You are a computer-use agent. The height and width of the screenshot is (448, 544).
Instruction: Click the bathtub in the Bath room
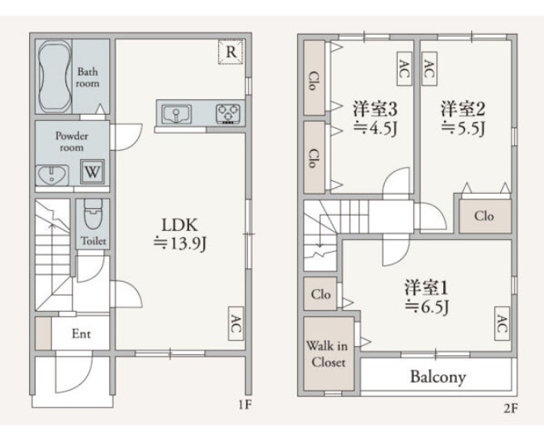coord(55,77)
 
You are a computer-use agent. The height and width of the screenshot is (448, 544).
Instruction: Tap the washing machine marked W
coord(92,171)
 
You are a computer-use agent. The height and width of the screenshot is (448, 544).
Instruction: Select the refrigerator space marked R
coord(231,52)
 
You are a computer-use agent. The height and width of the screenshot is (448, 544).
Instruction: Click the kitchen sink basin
coord(177,114)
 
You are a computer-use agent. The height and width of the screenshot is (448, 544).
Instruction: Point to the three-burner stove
coord(228,114)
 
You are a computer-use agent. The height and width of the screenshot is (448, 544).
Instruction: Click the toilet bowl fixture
coord(94,214)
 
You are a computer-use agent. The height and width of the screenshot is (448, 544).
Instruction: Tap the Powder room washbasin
coord(52,175)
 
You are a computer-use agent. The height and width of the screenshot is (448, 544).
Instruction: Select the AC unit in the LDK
coord(236,323)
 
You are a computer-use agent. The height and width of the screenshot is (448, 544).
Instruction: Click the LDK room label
coord(180,225)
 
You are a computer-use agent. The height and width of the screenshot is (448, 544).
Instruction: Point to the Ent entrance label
coord(82,334)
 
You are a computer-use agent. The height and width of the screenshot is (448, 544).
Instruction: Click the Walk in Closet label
coord(327,354)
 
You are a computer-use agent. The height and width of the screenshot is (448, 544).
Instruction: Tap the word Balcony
coord(437,377)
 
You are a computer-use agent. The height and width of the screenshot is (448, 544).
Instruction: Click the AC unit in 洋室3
coord(404,69)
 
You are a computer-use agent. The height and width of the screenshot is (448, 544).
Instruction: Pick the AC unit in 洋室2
coord(429,69)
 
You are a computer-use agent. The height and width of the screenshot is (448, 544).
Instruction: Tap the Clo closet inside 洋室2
coord(484,216)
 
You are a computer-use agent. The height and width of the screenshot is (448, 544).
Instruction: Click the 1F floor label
coord(245,404)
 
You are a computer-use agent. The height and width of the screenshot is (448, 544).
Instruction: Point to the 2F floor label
coord(510,408)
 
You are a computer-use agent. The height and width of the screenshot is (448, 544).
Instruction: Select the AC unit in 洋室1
coord(502,324)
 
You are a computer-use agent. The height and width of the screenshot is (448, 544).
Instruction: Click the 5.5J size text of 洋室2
coord(463,128)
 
